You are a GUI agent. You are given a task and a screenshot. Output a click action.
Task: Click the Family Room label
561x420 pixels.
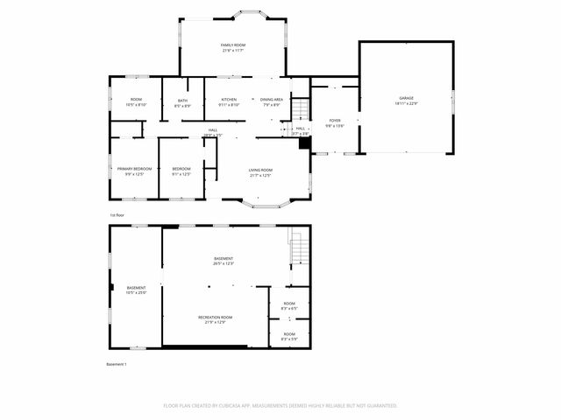tap(232, 45)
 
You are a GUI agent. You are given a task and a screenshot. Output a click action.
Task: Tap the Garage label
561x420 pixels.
tap(406, 98)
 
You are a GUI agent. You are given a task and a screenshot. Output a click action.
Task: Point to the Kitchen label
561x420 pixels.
tap(229, 100)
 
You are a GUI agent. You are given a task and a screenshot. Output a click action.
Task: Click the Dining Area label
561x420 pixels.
tap(271, 100)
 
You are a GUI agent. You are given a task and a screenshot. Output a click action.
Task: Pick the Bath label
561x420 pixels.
tap(182, 101)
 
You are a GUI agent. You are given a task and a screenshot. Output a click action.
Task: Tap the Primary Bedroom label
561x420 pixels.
tap(134, 168)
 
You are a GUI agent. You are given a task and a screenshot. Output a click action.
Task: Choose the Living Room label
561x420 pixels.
tap(260, 170)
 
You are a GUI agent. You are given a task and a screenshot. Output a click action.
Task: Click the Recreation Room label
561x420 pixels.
tap(215, 317)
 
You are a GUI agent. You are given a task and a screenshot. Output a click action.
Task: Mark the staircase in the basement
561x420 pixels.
tap(300, 250)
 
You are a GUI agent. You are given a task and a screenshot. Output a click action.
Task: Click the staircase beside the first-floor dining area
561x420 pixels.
tap(300, 109)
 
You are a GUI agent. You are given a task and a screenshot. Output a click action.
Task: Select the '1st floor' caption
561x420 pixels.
tap(117, 214)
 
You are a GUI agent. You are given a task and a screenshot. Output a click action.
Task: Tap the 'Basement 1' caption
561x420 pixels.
tap(117, 364)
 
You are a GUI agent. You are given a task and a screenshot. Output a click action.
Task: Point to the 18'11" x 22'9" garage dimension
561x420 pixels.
tap(406, 104)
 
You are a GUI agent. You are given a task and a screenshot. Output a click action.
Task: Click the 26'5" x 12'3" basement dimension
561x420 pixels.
tap(224, 263)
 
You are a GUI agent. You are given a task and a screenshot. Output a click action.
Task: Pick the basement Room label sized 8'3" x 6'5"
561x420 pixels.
tap(289, 304)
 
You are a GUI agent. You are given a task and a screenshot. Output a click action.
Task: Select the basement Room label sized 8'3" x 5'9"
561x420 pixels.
tap(289, 333)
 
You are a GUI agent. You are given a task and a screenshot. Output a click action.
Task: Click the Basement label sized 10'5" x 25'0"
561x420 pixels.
tap(136, 288)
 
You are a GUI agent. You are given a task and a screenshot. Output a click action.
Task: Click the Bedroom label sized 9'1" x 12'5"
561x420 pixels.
tap(181, 168)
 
